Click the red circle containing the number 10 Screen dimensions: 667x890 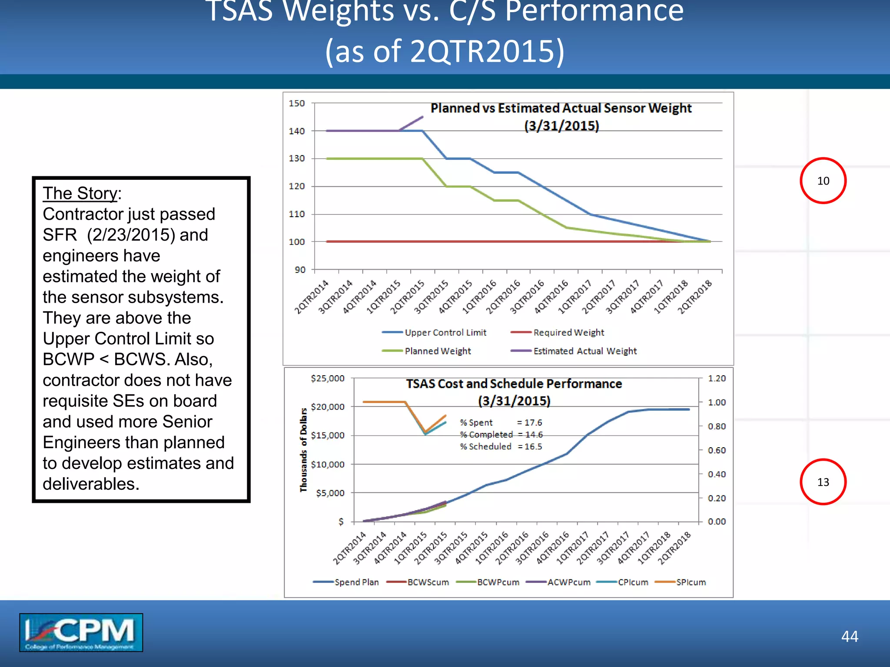tap(823, 181)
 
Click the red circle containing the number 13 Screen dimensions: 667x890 tap(823, 482)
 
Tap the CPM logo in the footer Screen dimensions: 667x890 tap(81, 632)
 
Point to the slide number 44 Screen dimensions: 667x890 tap(850, 636)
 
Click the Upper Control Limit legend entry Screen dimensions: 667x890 tap(435, 333)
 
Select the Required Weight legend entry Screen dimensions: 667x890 tap(558, 333)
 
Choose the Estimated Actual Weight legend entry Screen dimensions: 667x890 tap(574, 351)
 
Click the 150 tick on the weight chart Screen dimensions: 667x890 tap(297, 103)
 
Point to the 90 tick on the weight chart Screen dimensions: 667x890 tap(300, 270)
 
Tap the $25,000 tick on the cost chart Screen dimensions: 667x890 tap(328, 378)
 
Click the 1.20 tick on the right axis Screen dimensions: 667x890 tap(717, 378)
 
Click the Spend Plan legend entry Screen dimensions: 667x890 tap(346, 582)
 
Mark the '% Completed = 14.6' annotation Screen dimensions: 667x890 tap(501, 434)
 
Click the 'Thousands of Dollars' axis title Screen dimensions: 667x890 tap(303, 450)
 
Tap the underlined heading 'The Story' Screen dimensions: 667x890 tap(80, 193)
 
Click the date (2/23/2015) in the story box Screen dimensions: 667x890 tap(131, 235)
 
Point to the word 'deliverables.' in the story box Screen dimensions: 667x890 tap(91, 484)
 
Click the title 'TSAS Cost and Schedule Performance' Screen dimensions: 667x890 tap(514, 384)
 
